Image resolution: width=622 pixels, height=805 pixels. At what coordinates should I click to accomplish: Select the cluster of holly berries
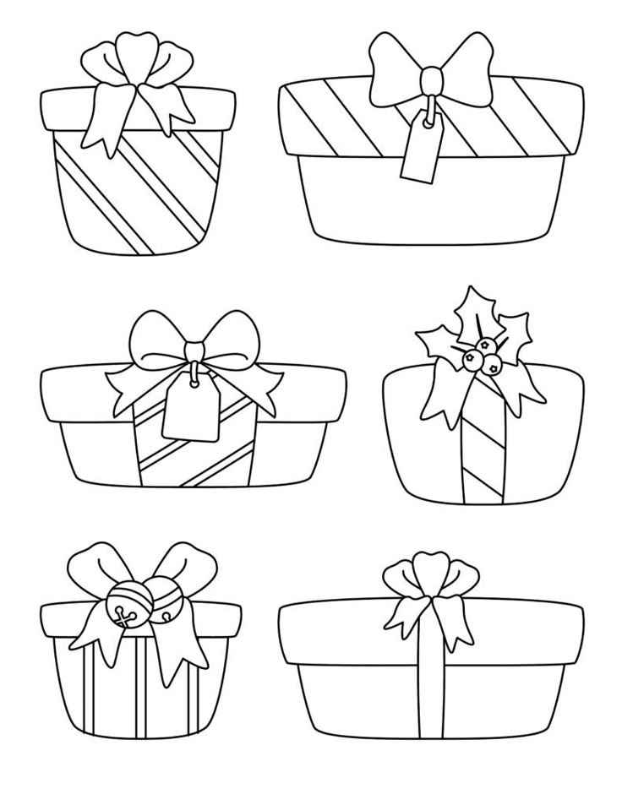point(477,356)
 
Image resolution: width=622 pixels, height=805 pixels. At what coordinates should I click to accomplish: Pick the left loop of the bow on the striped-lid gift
point(395,70)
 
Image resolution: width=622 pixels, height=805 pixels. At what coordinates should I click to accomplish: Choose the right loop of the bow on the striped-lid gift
point(467,69)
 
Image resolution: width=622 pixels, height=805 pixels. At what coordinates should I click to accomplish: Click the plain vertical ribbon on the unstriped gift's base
point(430,693)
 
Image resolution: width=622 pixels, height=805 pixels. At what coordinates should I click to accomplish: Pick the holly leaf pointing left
point(437,343)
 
